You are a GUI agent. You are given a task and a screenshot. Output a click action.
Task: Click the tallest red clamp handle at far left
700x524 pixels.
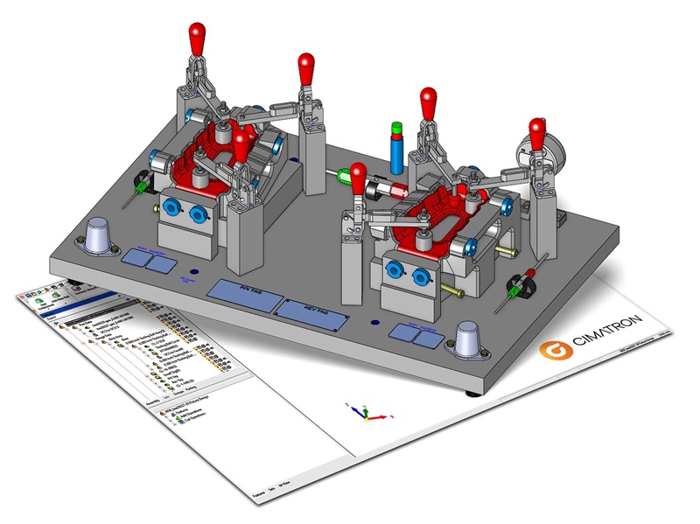[x=199, y=39]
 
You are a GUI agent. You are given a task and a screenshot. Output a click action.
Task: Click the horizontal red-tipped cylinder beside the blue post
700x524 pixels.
[x=384, y=190]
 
